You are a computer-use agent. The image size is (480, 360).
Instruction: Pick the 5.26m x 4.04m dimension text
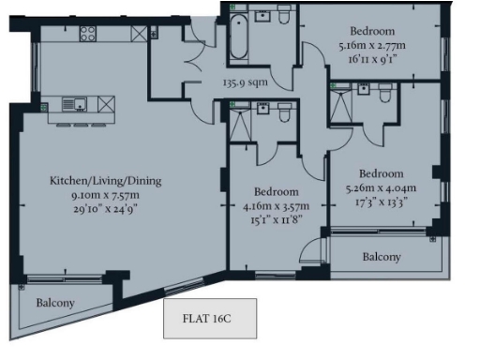381,187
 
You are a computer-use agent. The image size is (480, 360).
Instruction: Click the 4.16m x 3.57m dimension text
276,205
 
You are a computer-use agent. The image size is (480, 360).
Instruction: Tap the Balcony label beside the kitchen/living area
56,303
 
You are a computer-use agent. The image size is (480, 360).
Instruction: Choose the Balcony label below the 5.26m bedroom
382,256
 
